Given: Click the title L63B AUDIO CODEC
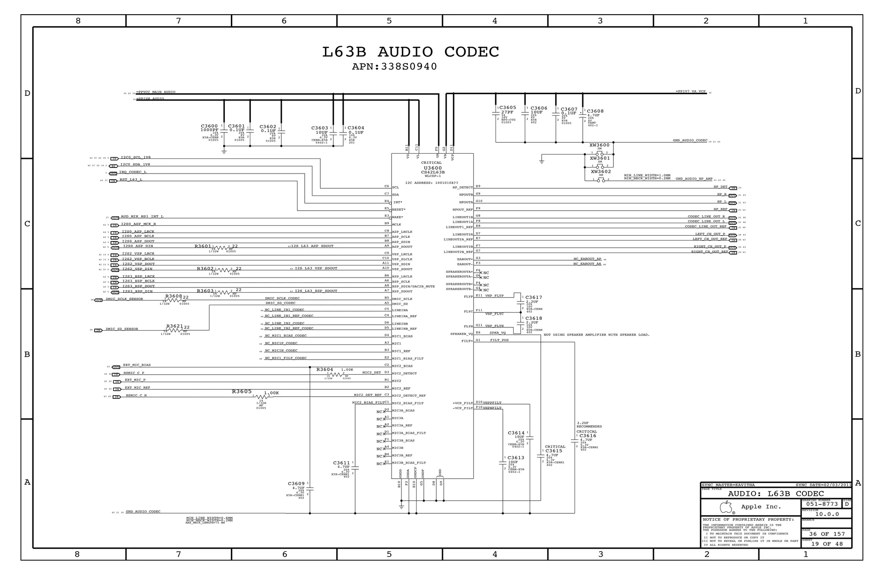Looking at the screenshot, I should point(410,52).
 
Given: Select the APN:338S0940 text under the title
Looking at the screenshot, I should point(394,67).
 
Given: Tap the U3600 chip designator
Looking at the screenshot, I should point(432,168).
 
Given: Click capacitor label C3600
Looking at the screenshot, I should point(209,126).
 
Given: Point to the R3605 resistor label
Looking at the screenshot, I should point(242,392).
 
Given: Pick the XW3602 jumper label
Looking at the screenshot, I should point(601,172).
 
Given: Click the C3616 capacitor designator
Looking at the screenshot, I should point(588,436).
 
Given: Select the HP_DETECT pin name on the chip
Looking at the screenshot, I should point(462,188).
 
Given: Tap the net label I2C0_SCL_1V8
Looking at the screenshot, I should point(136,158).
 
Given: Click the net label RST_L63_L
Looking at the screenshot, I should point(131,180).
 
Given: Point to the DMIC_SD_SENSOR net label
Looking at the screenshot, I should point(122,329).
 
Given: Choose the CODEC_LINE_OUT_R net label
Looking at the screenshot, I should point(706,217).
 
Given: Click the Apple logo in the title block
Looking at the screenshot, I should point(726,507).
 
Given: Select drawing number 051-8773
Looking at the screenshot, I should point(822,504).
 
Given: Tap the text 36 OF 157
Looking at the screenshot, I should point(827,534).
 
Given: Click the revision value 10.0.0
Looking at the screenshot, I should point(827,514).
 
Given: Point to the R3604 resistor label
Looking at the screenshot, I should point(325,370).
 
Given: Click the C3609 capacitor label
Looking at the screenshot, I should point(296,484).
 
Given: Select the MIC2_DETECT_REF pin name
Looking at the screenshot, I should point(409,396).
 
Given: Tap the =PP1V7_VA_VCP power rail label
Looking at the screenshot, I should point(690,92).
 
